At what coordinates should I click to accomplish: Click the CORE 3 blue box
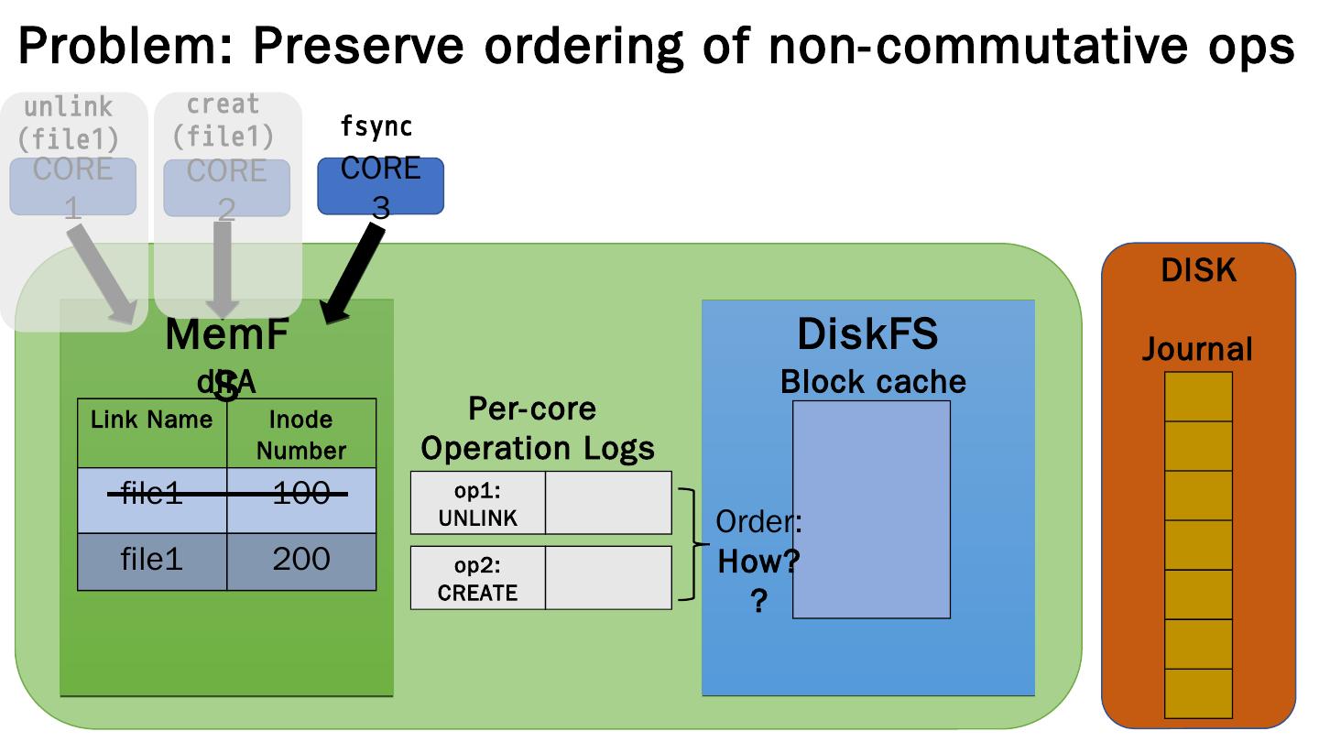[380, 186]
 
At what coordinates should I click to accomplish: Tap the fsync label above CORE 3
[376, 127]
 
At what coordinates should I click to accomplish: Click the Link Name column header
[151, 420]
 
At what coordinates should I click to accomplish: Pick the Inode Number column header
[301, 434]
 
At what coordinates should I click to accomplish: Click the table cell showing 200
[301, 560]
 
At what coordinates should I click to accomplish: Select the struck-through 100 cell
[301, 495]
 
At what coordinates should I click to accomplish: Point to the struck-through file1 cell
[151, 495]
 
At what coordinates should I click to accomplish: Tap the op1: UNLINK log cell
[477, 503]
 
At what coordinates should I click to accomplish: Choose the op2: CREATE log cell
[477, 578]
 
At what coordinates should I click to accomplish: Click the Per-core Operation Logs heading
[538, 428]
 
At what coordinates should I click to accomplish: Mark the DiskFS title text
[867, 334]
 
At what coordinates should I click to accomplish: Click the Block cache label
[872, 381]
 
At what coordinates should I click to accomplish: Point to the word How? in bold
[758, 562]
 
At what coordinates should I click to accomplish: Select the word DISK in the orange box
[1198, 270]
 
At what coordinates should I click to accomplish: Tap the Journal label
[1196, 349]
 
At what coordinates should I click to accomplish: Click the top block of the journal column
[1198, 397]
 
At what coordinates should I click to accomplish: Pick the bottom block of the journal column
[1198, 693]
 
